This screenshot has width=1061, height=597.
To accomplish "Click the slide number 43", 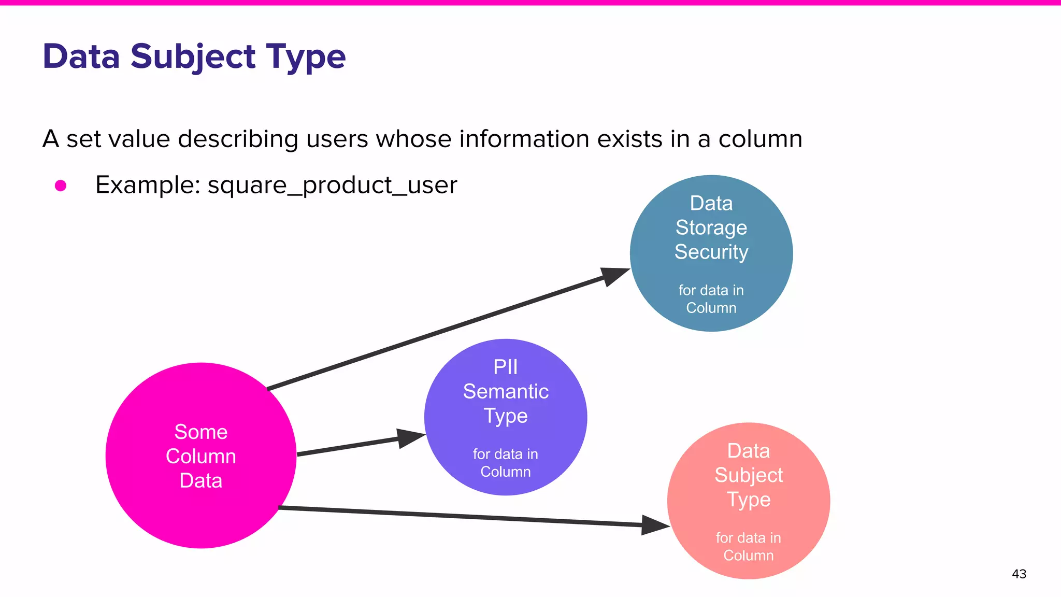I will [x=1019, y=574].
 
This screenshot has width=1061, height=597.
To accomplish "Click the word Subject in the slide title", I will [x=193, y=56].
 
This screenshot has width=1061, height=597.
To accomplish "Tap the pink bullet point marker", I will [x=61, y=186].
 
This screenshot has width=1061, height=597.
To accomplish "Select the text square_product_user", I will [x=332, y=185].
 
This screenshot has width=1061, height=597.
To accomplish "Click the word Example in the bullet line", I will [x=147, y=185].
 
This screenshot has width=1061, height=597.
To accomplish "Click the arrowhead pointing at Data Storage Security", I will [x=614, y=276].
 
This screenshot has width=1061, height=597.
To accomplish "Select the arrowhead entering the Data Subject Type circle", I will [x=655, y=525].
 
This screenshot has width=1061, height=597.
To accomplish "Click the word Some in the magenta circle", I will [x=201, y=432].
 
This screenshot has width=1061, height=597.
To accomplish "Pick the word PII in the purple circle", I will [x=505, y=367].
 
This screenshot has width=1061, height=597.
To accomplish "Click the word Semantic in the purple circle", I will [x=506, y=391].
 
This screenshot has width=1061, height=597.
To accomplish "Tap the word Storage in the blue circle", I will [x=711, y=228].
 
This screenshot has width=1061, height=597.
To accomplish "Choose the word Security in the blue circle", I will [x=711, y=252].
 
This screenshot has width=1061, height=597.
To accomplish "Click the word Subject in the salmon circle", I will [x=748, y=475].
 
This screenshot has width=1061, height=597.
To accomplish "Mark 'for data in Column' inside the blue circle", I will [x=711, y=299].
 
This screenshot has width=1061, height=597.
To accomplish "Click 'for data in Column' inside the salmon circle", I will [x=748, y=546].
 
